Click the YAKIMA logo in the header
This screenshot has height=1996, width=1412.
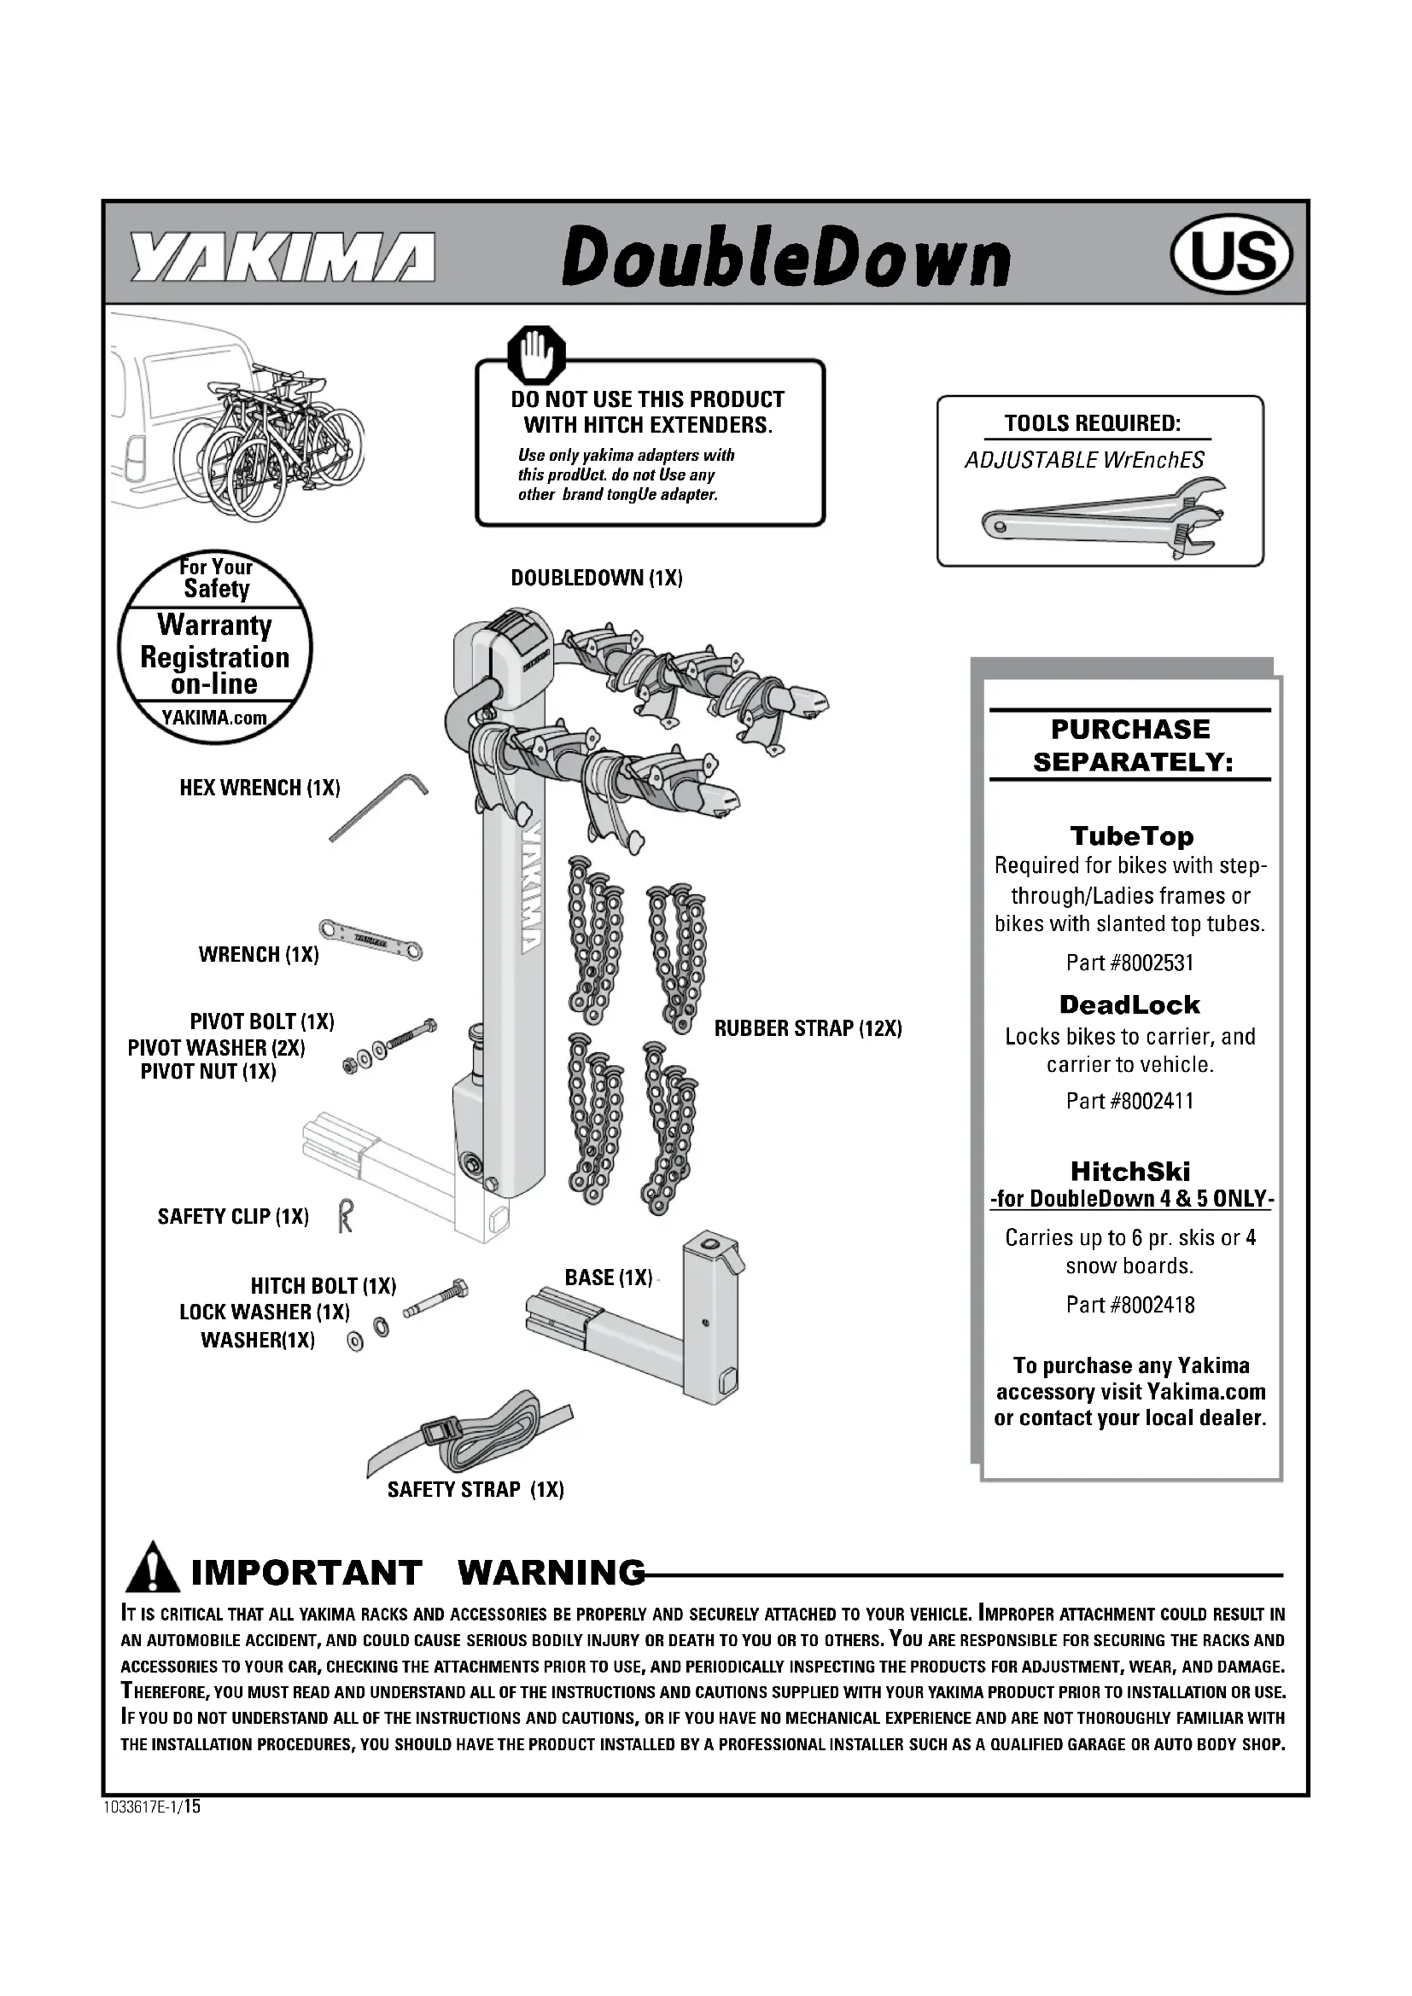tap(282, 258)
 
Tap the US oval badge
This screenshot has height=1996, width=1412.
tap(1232, 256)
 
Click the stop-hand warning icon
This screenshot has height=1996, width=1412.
tap(536, 355)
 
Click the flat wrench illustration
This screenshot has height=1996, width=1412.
tap(370, 939)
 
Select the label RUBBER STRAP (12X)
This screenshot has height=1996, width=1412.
tap(808, 1028)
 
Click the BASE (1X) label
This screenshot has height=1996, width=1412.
tap(608, 1277)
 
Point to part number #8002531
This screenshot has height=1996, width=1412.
tap(1129, 963)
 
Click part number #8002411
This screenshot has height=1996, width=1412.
tap(1129, 1101)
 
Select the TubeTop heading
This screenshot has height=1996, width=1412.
tap(1131, 835)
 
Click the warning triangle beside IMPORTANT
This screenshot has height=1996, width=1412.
tap(153, 1567)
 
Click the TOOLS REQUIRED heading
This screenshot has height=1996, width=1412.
tap(1092, 423)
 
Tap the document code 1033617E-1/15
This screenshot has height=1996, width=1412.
tap(152, 1807)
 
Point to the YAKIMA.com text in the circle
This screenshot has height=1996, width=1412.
tap(214, 718)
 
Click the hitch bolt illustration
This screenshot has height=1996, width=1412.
tap(435, 1299)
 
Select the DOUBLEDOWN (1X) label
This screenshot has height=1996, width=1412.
tap(597, 578)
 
